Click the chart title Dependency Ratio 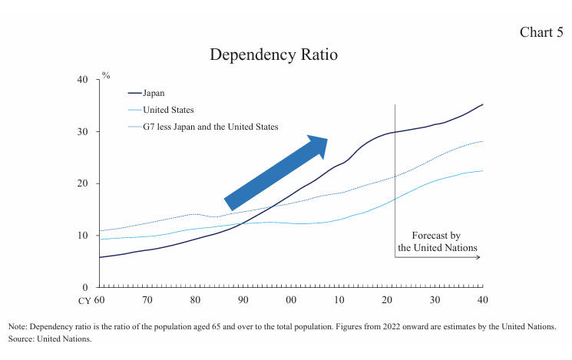pyautogui.click(x=273, y=55)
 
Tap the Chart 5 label pyautogui.click(x=541, y=31)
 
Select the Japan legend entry pyautogui.click(x=159, y=93)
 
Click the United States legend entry pyautogui.click(x=168, y=110)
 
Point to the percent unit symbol pyautogui.click(x=106, y=75)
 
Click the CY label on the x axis pyautogui.click(x=85, y=300)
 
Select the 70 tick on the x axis pyautogui.click(x=147, y=300)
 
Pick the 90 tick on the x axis pyautogui.click(x=243, y=300)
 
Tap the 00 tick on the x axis pyautogui.click(x=291, y=300)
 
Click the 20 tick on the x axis pyautogui.click(x=387, y=300)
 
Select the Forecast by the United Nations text pyautogui.click(x=436, y=242)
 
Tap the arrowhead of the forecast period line pyautogui.click(x=478, y=257)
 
